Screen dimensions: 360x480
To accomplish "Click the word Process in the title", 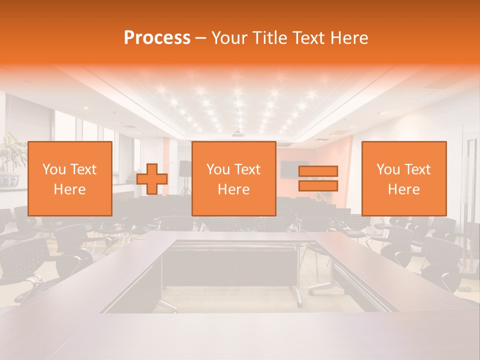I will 157,38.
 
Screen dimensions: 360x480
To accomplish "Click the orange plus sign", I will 152,179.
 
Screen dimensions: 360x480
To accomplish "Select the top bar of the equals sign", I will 318,171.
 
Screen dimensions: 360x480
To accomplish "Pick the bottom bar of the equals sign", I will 318,186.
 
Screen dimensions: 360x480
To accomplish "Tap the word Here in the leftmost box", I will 69,189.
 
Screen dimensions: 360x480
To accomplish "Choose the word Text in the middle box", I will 247,169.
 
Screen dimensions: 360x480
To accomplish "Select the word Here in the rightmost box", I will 403,189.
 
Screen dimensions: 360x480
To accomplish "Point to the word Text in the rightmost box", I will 417,169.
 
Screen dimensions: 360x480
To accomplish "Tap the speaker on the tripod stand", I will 185,168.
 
